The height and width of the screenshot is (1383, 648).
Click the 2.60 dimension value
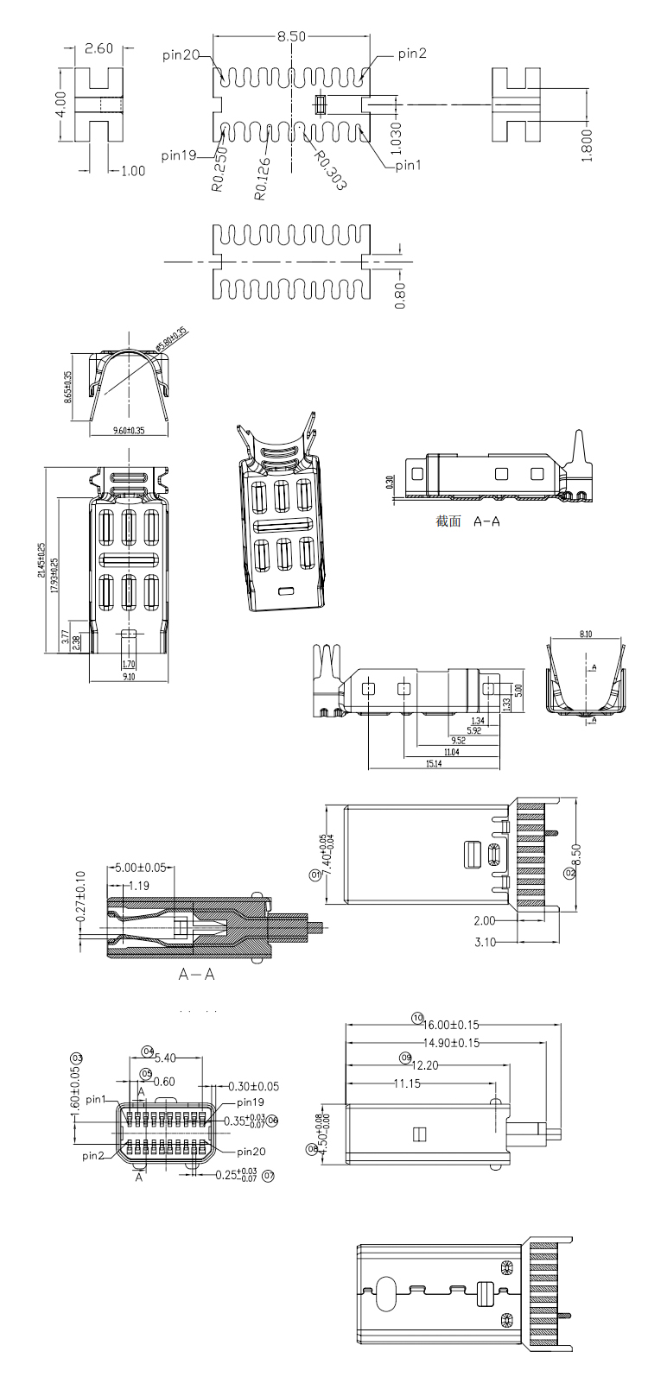pyautogui.click(x=99, y=48)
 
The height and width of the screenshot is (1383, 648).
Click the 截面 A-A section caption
pyautogui.click(x=468, y=521)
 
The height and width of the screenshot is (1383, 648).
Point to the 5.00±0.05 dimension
pyautogui.click(x=140, y=868)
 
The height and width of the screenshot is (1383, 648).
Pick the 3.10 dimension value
pyautogui.click(x=486, y=942)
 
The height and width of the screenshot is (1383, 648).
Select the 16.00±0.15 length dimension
pyautogui.click(x=451, y=1025)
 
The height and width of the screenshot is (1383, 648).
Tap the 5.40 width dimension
pyautogui.click(x=164, y=1058)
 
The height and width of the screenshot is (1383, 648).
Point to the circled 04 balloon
pyautogui.click(x=148, y=1051)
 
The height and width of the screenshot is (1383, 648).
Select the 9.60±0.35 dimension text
pyautogui.click(x=128, y=430)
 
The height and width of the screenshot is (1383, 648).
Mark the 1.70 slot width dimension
pyautogui.click(x=128, y=665)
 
